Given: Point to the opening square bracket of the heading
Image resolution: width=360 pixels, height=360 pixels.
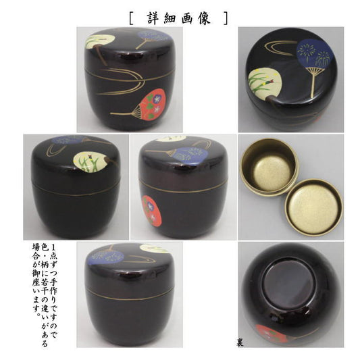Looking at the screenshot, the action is point(131,18).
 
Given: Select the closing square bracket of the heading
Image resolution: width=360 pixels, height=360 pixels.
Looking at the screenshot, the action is point(226,18).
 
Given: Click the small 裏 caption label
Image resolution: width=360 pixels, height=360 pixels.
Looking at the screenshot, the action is point(240,343).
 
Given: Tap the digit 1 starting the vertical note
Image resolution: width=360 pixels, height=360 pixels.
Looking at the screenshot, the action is point(53,247).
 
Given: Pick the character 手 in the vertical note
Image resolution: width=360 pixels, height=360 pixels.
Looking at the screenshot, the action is point(53,280).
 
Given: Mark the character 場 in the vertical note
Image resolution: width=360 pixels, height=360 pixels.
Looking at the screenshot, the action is point(36,247).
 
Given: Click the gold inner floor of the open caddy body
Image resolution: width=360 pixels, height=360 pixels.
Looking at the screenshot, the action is point(271,172).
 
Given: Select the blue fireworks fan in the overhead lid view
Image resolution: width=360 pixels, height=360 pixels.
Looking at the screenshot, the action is point(315,53).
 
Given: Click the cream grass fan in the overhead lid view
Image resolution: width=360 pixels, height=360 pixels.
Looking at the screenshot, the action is point(265,84).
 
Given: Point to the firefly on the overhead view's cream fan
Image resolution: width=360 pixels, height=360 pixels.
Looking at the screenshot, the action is point(269,80).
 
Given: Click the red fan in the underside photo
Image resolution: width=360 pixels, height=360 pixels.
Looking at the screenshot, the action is point(271,333).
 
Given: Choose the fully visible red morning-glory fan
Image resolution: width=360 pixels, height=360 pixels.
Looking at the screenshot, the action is point(150,105).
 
